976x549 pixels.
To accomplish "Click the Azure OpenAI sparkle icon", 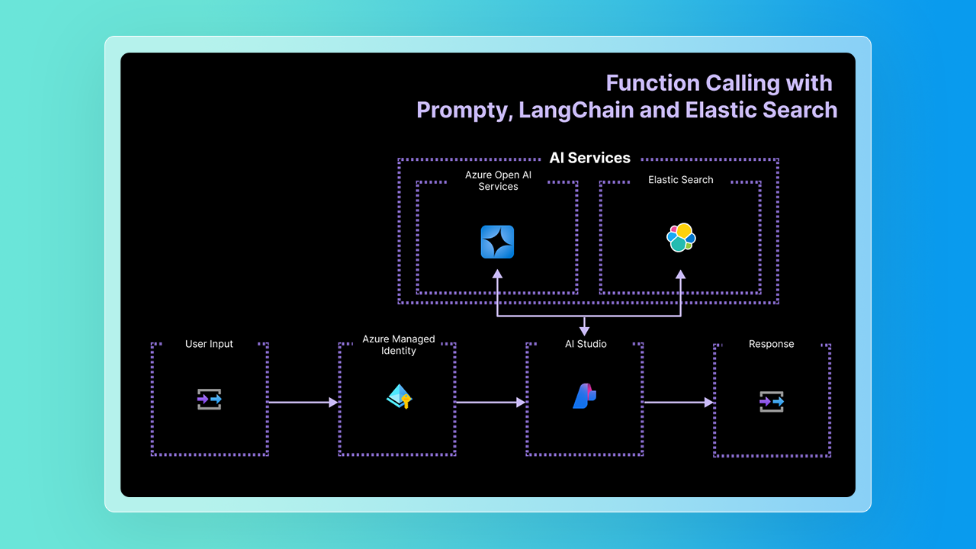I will (497, 242).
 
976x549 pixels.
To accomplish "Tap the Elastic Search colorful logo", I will (681, 238).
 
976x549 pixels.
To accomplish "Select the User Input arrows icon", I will (210, 399).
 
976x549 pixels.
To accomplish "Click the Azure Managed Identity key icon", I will (399, 396).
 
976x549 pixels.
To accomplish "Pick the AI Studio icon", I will (584, 396).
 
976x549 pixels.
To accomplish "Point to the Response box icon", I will (772, 402).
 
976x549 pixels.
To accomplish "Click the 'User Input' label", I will (209, 344).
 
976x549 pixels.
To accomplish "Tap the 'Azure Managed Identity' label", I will (399, 345).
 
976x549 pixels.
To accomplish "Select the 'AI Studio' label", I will (586, 344).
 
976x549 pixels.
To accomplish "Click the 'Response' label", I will (772, 344).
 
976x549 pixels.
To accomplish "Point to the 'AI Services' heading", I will (590, 158).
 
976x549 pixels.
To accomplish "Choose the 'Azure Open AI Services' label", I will (498, 181).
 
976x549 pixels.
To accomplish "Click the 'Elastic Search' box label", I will (681, 180).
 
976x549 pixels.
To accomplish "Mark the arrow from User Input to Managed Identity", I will (303, 402).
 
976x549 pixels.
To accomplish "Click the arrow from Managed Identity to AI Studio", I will (490, 402).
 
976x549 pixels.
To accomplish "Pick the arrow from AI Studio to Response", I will (678, 402).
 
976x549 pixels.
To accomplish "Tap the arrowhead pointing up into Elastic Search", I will (681, 275).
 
